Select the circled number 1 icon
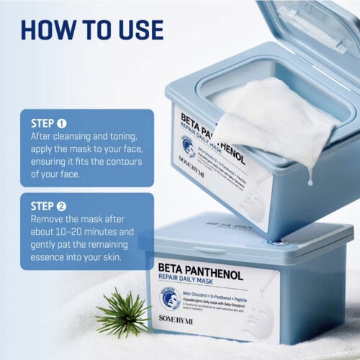point(63,122)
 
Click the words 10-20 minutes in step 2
point(82,235)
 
